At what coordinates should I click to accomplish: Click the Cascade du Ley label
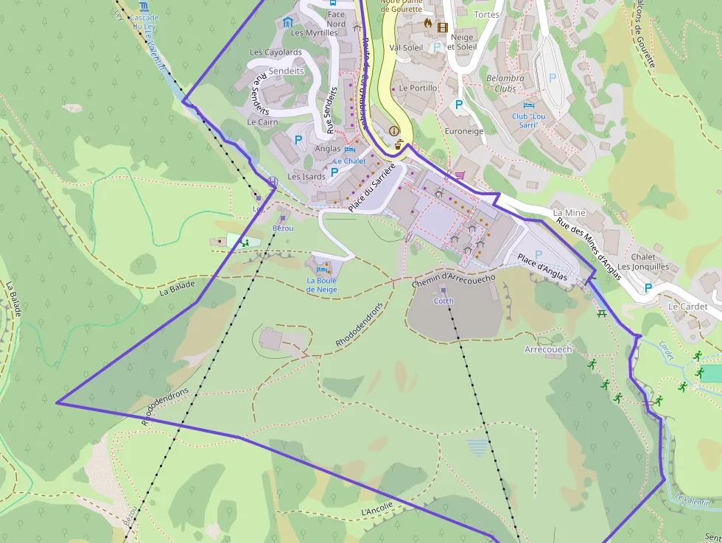click(x=144, y=22)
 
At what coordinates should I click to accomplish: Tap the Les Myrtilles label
click(x=314, y=33)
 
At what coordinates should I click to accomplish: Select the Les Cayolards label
click(x=276, y=52)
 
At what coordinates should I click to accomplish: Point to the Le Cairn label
click(x=263, y=122)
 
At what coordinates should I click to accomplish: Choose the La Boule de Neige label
click(x=321, y=285)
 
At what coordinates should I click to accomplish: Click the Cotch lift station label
click(x=444, y=301)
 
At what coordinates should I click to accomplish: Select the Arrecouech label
click(x=548, y=349)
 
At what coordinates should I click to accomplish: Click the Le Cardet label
click(x=687, y=306)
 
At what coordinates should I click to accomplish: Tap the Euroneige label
click(x=464, y=130)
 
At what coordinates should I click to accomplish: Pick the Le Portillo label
click(x=418, y=88)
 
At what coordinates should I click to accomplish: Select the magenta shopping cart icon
click(x=460, y=175)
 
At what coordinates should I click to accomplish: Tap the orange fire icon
click(x=427, y=23)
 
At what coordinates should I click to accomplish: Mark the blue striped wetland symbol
click(x=478, y=447)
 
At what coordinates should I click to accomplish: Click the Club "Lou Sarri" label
click(x=529, y=120)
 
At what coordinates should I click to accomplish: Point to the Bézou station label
click(x=283, y=228)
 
